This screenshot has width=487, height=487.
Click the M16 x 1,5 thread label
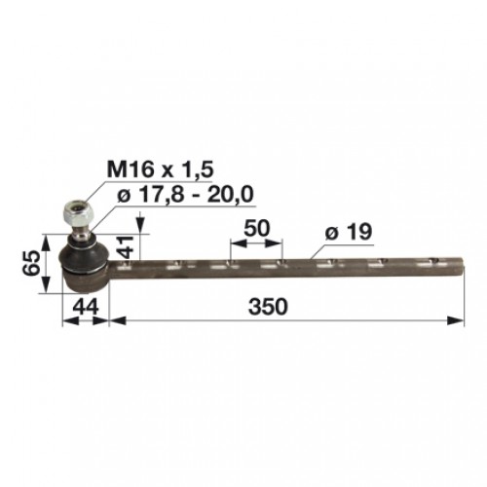point(160,169)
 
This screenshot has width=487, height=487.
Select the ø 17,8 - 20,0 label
point(185,195)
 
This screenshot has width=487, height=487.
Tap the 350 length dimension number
point(268,307)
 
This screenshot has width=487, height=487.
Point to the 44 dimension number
point(86,307)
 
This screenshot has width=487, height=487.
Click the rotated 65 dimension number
point(31,263)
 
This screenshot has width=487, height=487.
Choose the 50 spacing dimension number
point(256,228)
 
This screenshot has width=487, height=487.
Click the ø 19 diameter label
point(349,232)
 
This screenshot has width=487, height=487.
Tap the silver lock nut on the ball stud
point(79,214)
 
